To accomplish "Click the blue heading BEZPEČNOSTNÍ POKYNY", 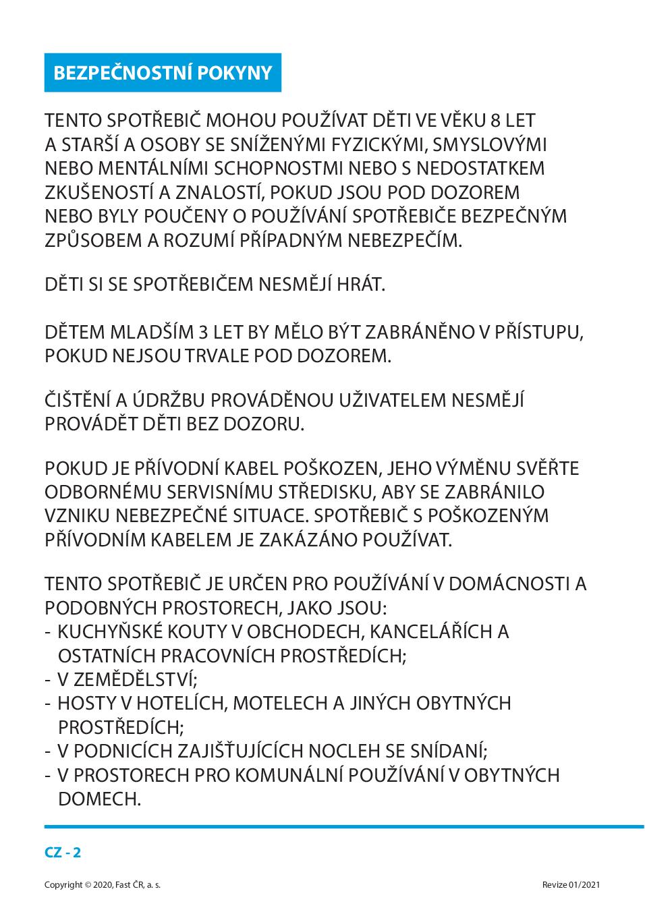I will (163, 73).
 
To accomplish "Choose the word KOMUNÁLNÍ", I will (298, 775).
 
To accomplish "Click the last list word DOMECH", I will (99, 799).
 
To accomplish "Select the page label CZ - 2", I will (63, 852).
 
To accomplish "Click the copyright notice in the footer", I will (103, 884).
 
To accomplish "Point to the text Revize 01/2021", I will (571, 884).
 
